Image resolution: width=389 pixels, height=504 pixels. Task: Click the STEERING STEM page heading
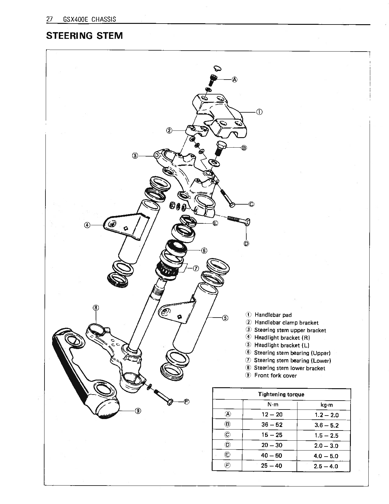click(84, 35)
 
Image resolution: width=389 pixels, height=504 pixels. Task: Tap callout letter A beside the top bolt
click(235, 80)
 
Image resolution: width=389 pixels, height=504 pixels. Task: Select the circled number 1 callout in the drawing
click(259, 112)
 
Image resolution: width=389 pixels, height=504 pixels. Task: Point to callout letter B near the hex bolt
click(244, 148)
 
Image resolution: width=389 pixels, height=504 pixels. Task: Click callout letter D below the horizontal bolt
click(246, 244)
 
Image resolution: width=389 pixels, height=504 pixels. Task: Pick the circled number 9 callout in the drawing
click(138, 410)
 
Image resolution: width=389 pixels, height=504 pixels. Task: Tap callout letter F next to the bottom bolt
click(187, 402)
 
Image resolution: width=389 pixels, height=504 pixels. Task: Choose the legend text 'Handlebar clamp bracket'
click(286, 323)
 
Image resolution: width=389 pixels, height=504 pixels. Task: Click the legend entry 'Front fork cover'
click(275, 375)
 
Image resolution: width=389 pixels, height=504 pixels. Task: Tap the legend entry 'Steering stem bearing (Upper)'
click(292, 353)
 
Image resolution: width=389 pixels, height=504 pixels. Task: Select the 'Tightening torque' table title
click(281, 395)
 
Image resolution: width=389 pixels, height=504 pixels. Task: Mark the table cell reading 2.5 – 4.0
click(326, 466)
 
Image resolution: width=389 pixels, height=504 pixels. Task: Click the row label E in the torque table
click(228, 455)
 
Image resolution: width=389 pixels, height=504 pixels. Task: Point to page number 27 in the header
click(49, 19)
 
